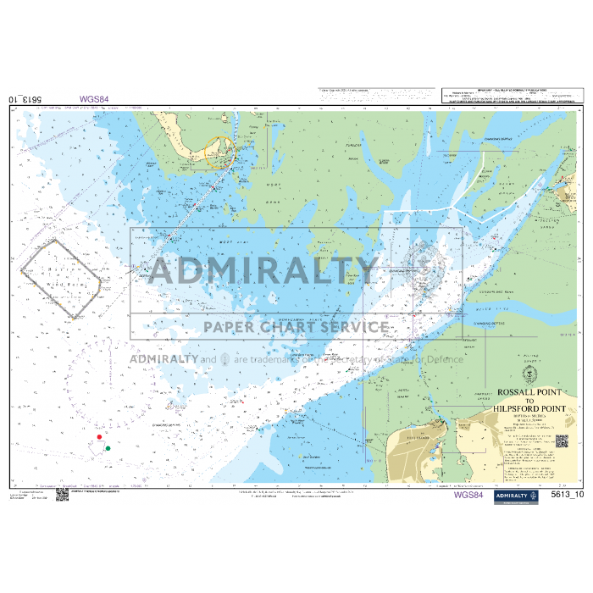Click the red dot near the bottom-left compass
[x=100, y=437]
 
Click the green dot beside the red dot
[x=108, y=447]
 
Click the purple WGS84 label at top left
[x=94, y=99]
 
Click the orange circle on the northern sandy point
[x=219, y=149]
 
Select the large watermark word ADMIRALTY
[x=262, y=272]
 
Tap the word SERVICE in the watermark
[x=354, y=327]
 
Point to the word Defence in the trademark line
[x=446, y=359]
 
